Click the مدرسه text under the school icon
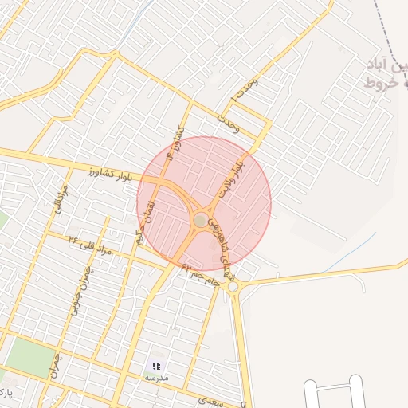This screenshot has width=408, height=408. [156, 378]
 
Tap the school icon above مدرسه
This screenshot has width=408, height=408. [156, 365]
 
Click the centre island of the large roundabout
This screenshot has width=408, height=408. [200, 219]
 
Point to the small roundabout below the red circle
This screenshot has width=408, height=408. [233, 288]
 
